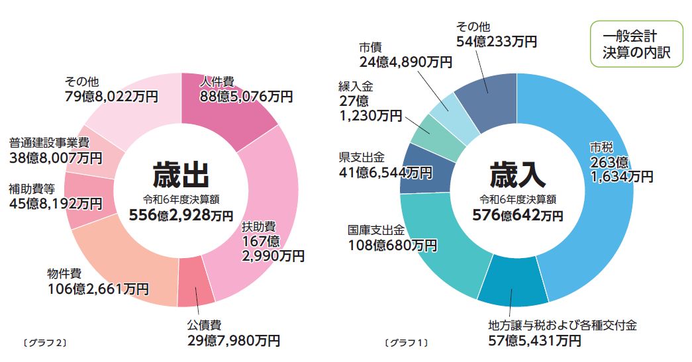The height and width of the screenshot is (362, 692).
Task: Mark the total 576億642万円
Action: point(517,215)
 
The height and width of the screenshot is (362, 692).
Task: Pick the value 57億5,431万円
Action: point(535,341)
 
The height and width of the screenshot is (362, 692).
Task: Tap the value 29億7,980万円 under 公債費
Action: point(234,341)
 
